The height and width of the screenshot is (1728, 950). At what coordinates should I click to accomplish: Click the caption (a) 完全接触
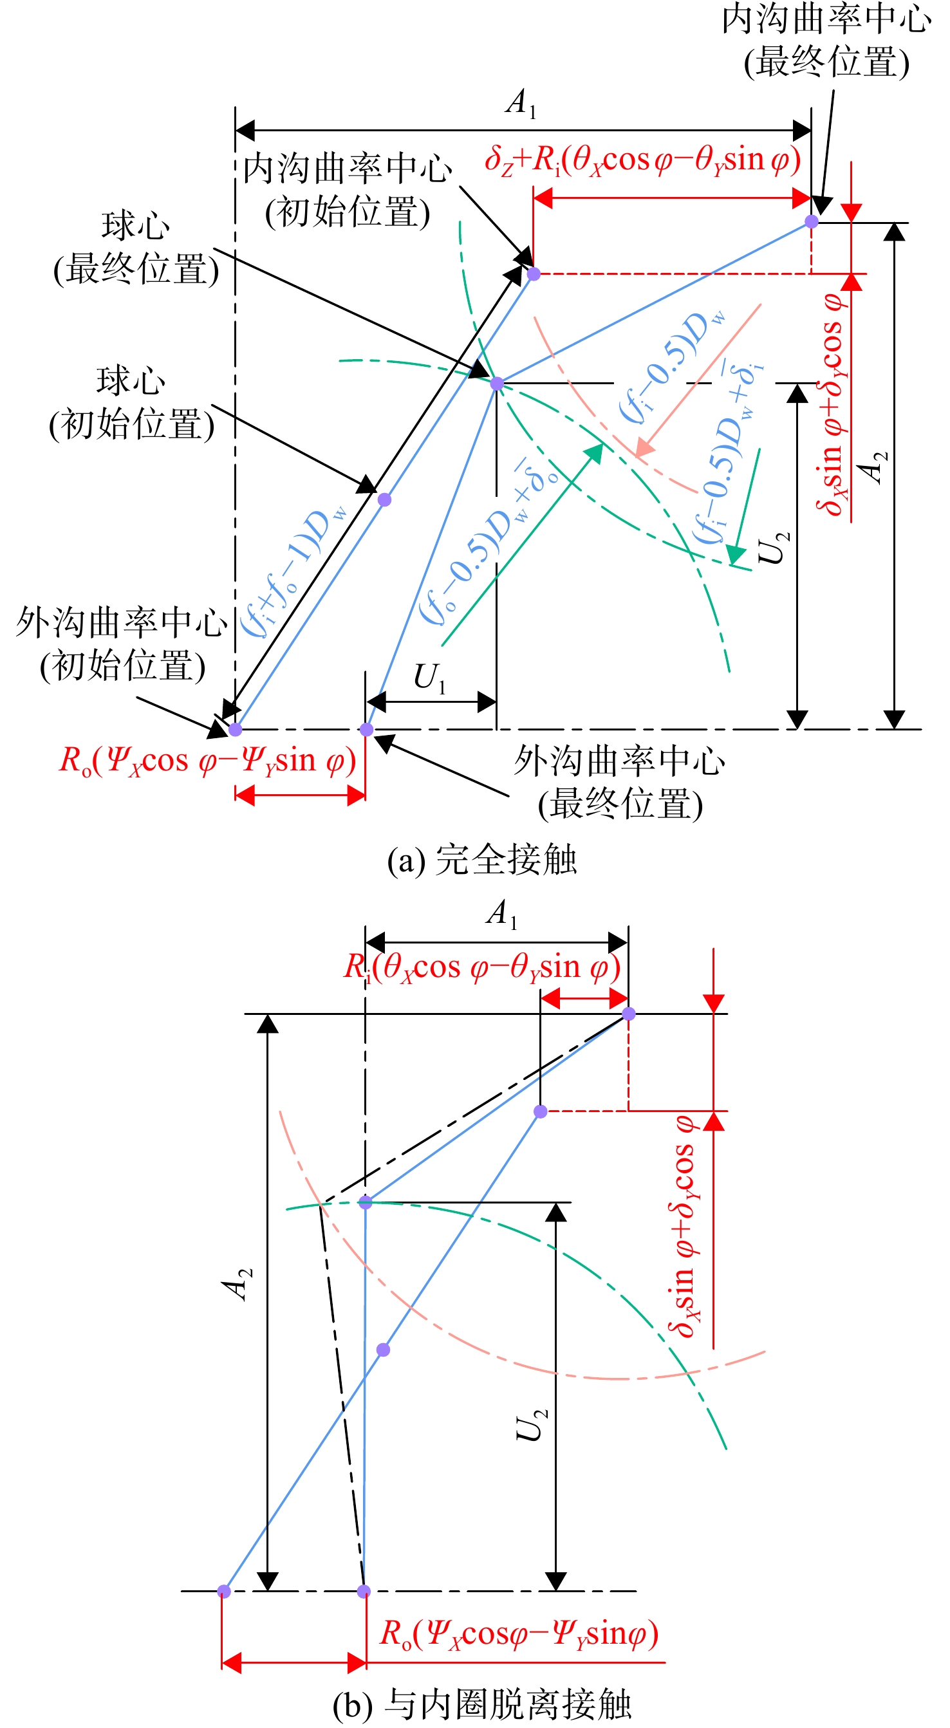(481, 860)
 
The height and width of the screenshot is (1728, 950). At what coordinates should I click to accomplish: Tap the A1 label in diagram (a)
(521, 104)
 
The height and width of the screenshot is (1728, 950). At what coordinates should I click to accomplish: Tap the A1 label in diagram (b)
(503, 914)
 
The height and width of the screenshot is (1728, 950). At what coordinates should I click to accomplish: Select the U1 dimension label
(430, 678)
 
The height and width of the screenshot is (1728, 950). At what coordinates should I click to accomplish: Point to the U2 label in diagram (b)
(532, 1425)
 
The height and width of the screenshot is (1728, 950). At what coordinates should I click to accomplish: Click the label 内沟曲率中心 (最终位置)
(826, 41)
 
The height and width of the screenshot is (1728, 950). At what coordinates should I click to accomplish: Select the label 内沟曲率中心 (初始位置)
(347, 190)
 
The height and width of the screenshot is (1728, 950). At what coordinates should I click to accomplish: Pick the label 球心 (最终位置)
(136, 248)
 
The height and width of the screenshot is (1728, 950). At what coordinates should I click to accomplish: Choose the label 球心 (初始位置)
(131, 403)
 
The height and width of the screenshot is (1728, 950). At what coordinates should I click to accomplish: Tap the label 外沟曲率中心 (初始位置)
(122, 644)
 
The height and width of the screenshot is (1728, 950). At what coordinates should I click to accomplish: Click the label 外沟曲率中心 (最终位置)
(620, 783)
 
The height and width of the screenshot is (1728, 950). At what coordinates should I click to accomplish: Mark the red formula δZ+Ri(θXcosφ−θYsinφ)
(643, 161)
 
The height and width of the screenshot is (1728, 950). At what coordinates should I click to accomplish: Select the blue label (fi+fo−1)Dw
(294, 571)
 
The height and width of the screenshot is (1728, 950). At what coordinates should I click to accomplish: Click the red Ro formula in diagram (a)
(207, 762)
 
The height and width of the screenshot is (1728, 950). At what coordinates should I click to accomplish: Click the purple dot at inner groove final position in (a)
(811, 221)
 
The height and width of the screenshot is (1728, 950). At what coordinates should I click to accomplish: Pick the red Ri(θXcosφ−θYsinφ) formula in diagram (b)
(481, 967)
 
